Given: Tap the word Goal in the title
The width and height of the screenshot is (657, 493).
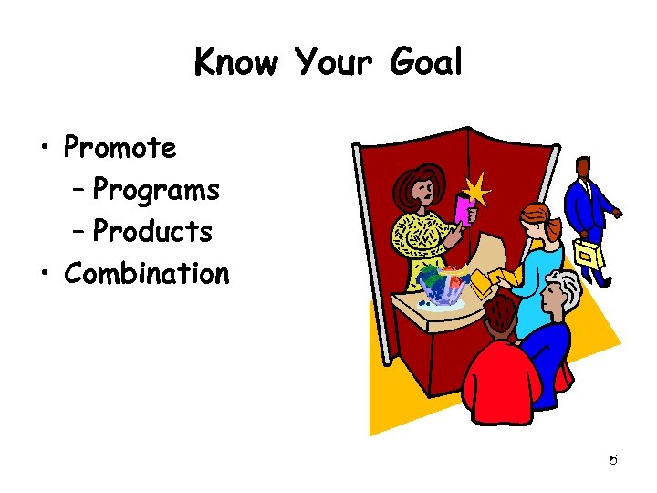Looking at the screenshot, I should [425, 63].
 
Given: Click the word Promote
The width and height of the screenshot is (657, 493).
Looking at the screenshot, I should [120, 147].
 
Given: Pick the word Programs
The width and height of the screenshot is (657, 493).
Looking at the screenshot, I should [156, 190].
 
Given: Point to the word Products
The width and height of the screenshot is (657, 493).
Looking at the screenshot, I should [152, 232].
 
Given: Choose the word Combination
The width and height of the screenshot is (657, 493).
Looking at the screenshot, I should [147, 273].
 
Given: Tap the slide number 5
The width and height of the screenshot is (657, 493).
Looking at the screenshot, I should [613, 460].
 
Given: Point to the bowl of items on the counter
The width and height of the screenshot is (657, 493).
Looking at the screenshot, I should [442, 287].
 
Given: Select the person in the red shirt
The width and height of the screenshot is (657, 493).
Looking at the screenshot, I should [498, 365].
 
